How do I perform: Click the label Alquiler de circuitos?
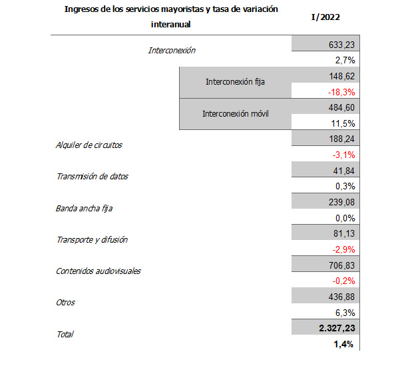(x=89, y=145)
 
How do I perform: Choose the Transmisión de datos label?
(x=92, y=177)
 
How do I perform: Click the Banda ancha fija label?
(x=84, y=209)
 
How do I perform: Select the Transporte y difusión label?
(x=92, y=239)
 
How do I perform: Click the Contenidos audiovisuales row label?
(x=98, y=271)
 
